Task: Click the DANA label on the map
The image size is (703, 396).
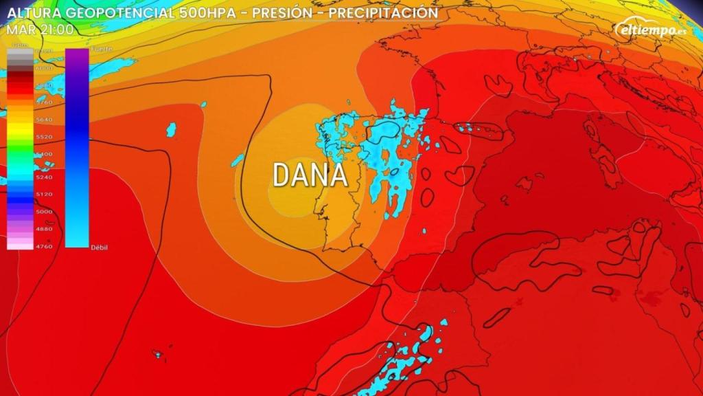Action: (310, 175)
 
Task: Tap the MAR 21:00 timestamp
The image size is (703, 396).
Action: (41, 29)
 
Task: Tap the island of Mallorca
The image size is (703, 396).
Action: (524, 184)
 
